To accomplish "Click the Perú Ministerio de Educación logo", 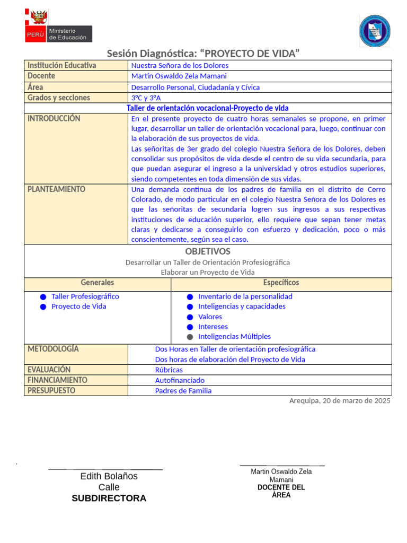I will pos(59,27).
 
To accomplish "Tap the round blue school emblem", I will pos(375,30).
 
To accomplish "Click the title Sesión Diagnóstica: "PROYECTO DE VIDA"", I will pos(203,54).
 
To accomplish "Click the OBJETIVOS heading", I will pos(208,251).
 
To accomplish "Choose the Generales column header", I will pos(97,283).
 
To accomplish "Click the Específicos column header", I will pos(281,283).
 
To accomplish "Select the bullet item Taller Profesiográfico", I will pos(85,296).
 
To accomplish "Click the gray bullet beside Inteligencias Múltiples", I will pos(190,337).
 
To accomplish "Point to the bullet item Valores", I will pos(210,317).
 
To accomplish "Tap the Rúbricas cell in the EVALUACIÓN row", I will pos(169,370).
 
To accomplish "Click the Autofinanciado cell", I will pos(180,380).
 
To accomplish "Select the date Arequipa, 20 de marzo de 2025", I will pos(340,401).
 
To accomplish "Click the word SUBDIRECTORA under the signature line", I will pos(109,498).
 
